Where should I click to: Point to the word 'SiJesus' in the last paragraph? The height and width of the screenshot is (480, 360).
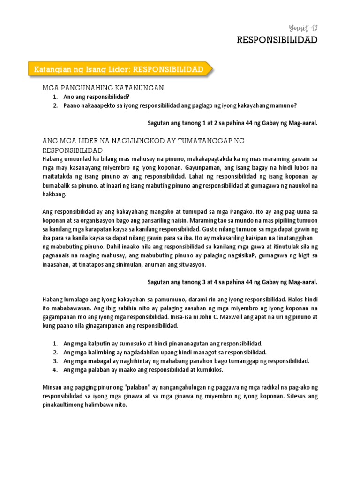pyautogui.click(x=296, y=397)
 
